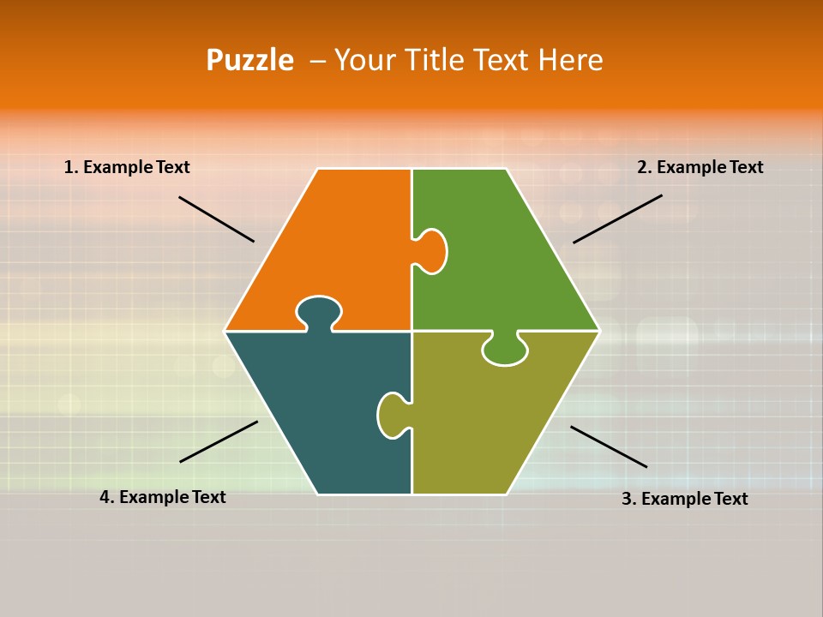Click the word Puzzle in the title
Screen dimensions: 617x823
249,61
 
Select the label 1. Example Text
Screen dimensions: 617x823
127,167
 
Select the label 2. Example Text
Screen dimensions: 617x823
700,167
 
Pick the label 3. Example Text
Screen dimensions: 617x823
684,499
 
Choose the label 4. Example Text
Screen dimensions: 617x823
163,497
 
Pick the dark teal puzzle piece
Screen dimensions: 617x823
326,403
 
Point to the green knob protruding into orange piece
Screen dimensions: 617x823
432,251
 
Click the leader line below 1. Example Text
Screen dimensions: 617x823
216,219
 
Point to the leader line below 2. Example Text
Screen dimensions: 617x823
617,219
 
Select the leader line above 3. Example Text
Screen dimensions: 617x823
609,446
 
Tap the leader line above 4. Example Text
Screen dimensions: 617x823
219,441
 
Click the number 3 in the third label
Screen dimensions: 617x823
627,499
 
